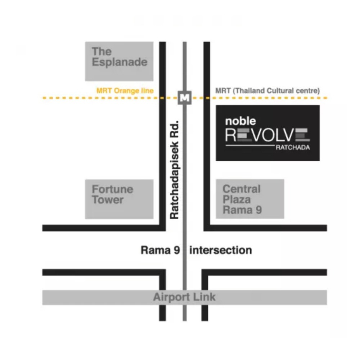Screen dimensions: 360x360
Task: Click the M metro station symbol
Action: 185,98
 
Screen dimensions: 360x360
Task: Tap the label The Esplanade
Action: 120,57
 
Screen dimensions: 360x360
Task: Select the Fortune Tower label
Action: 112,194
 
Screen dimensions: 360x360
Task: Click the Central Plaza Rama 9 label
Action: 242,199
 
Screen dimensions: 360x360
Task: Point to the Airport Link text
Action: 184,297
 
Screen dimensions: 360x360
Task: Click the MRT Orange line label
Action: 125,91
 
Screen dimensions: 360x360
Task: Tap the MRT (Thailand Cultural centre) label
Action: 267,91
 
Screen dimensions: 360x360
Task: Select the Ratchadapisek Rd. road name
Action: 174,170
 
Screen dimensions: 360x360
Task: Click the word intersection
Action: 221,250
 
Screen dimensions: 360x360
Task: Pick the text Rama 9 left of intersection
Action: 160,250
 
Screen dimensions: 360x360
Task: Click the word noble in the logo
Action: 240,121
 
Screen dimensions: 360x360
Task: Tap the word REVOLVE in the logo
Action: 267,135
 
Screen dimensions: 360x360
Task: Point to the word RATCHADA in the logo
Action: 293,147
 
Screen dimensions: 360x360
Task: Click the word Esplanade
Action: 120,62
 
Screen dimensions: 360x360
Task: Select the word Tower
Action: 108,200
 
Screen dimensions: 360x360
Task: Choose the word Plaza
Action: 237,199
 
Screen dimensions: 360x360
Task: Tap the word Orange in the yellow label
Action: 127,91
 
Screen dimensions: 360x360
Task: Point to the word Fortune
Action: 112,189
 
